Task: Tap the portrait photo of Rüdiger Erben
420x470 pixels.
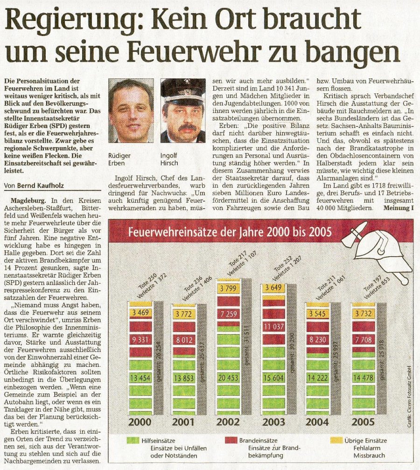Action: (131, 111)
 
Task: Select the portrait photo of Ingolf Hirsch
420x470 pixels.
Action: (183, 111)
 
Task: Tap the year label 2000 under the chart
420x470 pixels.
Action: (140, 422)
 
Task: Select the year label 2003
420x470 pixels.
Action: (273, 422)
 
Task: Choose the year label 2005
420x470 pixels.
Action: (363, 422)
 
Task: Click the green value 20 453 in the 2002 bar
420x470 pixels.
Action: (229, 378)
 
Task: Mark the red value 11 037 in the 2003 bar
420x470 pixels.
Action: (274, 326)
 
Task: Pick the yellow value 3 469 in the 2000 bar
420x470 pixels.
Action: (140, 313)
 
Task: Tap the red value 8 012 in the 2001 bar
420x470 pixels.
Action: (184, 340)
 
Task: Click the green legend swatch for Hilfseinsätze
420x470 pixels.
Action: (133, 440)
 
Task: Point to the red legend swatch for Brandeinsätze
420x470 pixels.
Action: (231, 440)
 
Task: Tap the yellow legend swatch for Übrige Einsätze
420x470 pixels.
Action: (336, 440)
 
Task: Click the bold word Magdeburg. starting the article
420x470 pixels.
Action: (28, 201)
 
